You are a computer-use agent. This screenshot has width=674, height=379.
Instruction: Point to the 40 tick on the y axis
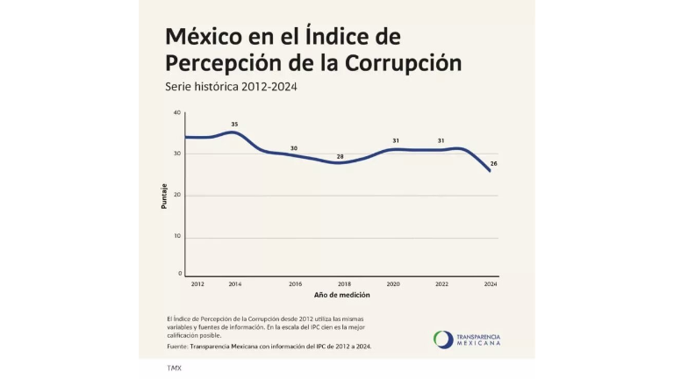[176, 112]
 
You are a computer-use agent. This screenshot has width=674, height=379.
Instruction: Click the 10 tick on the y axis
[176, 236]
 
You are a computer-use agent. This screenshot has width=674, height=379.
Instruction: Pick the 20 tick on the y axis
[176, 195]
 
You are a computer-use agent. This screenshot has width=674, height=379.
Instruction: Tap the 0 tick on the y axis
[178, 274]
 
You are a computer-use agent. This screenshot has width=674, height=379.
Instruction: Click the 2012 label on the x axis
[197, 284]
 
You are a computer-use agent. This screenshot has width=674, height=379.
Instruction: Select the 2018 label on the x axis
[344, 284]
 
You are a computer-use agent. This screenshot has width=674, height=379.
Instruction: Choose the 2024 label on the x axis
[491, 284]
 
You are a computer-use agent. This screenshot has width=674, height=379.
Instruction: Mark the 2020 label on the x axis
[393, 284]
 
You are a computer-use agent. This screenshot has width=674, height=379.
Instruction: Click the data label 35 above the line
[234, 125]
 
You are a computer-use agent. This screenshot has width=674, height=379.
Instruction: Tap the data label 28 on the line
[341, 156]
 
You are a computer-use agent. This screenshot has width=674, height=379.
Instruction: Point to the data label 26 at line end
[494, 164]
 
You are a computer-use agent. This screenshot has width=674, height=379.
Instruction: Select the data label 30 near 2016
[294, 148]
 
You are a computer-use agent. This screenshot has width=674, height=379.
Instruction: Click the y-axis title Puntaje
[164, 195]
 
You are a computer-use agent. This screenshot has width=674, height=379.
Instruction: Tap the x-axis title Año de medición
[341, 295]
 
